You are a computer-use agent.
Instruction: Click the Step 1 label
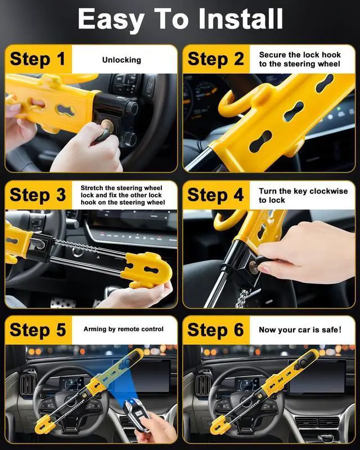38,60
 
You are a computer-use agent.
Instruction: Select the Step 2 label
215,60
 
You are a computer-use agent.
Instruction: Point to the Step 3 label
38,195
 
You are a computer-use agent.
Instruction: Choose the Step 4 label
215,195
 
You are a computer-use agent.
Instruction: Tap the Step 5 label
38,330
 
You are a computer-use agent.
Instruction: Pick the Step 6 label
215,330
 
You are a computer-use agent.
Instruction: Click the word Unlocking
121,60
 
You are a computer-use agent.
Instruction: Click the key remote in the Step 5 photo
137,414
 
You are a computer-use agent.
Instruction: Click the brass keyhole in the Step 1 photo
107,125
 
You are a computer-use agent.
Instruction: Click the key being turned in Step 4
260,263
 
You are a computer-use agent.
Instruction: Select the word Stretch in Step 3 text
92,188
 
